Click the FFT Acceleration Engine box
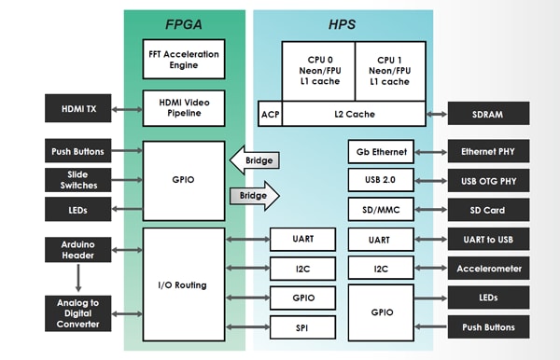point(183,60)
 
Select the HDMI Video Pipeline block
point(183,108)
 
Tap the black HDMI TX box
point(78,108)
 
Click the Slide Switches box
point(78,179)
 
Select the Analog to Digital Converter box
point(78,312)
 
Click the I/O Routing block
point(183,284)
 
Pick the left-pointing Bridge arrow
point(257,160)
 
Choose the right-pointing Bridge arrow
point(257,197)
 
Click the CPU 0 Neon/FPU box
point(316,70)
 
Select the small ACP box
point(269,114)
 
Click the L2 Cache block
point(353,114)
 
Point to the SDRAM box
point(487,114)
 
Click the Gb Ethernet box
point(381,151)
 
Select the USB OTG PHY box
point(487,180)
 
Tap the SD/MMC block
point(381,209)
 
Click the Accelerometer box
point(487,269)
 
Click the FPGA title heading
point(183,23)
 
